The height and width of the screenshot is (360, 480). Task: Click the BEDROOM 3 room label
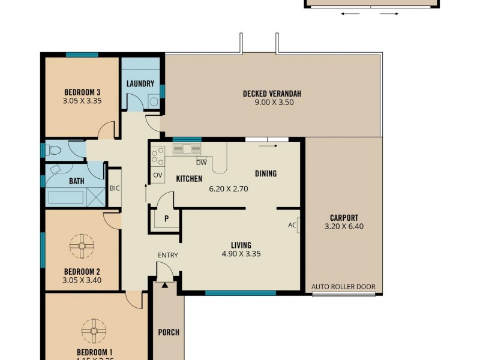coord(82,92)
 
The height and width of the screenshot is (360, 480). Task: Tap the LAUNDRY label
coord(140,84)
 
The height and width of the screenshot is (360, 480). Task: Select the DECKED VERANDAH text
coord(272,94)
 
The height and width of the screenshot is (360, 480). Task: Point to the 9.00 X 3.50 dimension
coord(272,103)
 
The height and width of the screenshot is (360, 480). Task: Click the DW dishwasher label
coord(202,163)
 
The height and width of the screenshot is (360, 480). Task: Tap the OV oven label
coord(158,175)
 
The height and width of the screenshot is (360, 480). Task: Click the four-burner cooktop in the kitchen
coord(158,156)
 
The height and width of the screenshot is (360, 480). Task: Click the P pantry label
coord(166,219)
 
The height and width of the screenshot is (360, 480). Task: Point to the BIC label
coord(115,188)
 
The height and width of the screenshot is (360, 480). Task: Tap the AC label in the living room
coord(293,226)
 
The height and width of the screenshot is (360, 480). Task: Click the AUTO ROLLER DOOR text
coord(343,287)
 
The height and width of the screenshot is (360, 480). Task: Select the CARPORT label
coord(344,218)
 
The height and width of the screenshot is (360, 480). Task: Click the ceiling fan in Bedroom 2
coord(82,245)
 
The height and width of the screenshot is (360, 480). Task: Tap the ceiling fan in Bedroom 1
coord(94,329)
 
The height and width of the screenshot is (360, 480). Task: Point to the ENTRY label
coord(168,256)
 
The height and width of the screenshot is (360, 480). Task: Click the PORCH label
coord(169,332)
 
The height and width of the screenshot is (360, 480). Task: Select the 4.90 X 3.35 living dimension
coord(241,254)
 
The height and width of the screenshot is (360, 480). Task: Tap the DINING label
coord(266,174)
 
